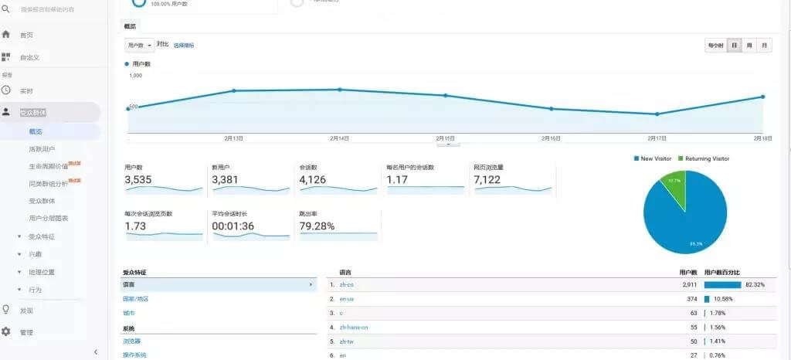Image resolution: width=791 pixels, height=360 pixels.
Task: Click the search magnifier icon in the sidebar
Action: (6, 9)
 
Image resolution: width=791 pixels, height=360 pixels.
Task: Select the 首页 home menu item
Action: (26, 35)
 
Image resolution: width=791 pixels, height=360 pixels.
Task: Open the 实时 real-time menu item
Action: (26, 90)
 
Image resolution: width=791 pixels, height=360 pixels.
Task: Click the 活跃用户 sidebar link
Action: (42, 148)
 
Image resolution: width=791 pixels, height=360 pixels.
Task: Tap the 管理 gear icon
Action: (6, 331)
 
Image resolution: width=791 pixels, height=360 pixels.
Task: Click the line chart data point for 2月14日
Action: (339, 90)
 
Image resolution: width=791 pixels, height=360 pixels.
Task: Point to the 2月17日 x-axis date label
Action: (657, 138)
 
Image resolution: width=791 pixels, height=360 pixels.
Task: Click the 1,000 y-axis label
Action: (136, 76)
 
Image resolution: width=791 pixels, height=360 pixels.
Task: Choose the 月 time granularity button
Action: (764, 46)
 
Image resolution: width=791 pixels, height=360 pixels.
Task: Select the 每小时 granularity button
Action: (715, 46)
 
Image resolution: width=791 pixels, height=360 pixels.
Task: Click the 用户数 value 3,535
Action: (139, 180)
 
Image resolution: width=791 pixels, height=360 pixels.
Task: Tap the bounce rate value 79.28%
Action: (317, 226)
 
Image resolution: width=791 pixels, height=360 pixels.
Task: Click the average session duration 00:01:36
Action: (233, 226)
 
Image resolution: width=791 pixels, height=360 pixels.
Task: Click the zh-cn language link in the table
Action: (346, 285)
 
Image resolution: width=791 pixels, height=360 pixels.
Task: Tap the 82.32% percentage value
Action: (755, 285)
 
